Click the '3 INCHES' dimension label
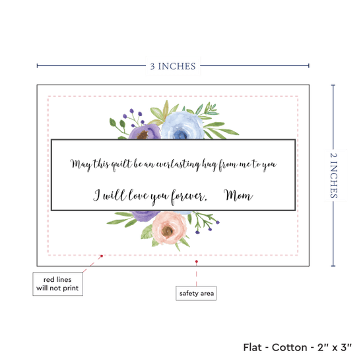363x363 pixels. tap(173, 66)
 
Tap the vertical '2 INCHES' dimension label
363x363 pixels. tap(333, 176)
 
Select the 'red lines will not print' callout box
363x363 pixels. tap(57, 284)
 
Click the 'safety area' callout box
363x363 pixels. tap(196, 293)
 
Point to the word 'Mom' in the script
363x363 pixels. tap(238, 195)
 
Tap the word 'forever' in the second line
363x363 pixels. tap(189, 197)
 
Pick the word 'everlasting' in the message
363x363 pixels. tap(178, 164)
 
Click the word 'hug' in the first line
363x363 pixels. tap(210, 165)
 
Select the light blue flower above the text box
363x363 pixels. tap(182, 125)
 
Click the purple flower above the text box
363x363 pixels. tap(145, 132)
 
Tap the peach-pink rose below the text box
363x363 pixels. tap(169, 228)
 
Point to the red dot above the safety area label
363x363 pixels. tap(197, 261)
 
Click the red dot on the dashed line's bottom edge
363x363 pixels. tap(102, 256)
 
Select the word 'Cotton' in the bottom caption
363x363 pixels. tap(289, 347)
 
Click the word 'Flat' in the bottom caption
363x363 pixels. tap(253, 347)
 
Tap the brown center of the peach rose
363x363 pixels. tap(168, 230)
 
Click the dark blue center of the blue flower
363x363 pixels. tap(180, 135)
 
